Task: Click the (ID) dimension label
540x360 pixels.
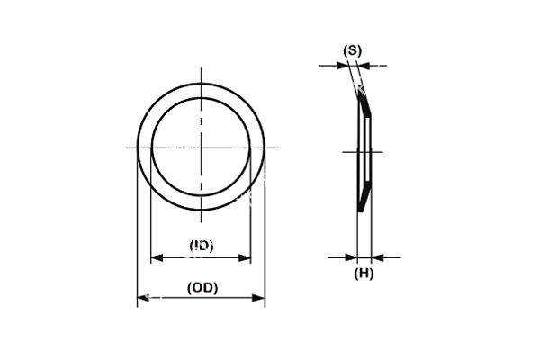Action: point(201,245)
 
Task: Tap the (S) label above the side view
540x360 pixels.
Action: point(353,50)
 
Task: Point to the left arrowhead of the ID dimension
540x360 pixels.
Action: point(155,258)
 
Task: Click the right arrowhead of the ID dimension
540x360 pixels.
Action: point(247,258)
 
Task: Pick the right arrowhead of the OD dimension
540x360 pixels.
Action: point(260,297)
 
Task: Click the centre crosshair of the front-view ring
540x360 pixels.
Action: point(201,147)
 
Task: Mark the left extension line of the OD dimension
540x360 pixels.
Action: point(137,234)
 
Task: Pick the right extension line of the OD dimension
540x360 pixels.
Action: point(265,234)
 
